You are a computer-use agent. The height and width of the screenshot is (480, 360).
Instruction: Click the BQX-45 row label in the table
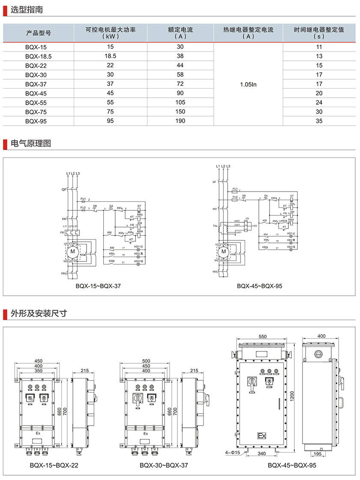(x=36, y=93)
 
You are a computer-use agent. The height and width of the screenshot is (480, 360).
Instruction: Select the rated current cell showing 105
(x=180, y=102)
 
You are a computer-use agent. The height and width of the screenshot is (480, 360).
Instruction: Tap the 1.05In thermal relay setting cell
(x=248, y=84)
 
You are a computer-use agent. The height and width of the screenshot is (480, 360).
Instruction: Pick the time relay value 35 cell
(x=319, y=121)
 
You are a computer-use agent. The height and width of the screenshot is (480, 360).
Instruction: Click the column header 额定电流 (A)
(x=180, y=33)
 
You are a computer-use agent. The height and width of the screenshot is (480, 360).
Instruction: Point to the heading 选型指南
(x=27, y=9)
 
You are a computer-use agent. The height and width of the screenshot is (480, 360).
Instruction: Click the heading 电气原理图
(x=31, y=144)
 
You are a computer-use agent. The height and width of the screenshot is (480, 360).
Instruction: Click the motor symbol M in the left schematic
(x=72, y=251)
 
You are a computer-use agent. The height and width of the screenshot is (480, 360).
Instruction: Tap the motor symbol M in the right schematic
(x=223, y=251)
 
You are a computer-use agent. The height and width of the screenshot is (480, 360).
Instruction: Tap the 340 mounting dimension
(x=262, y=453)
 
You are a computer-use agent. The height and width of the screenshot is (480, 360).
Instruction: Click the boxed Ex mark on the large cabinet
(x=261, y=436)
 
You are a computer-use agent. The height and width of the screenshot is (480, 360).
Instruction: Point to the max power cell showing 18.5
(x=110, y=56)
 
